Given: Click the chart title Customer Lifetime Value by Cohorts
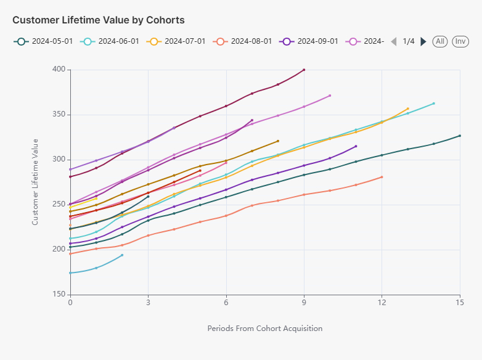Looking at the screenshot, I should [98, 20].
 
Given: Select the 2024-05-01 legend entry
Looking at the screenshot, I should [43, 41].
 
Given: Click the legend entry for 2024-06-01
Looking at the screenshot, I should [110, 41].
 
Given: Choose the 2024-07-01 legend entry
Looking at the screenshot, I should [176, 41].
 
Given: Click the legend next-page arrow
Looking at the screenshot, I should [423, 41].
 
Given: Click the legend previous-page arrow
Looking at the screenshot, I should [394, 41].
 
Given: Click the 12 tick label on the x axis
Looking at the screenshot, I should [382, 301].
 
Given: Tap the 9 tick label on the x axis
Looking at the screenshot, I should [304, 301].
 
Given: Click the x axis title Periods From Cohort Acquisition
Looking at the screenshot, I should [265, 329].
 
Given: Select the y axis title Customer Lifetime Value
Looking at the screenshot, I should [35, 182].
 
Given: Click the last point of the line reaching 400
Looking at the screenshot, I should [304, 70].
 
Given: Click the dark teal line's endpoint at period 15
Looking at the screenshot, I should [460, 136].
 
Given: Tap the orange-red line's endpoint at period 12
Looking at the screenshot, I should [382, 177].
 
